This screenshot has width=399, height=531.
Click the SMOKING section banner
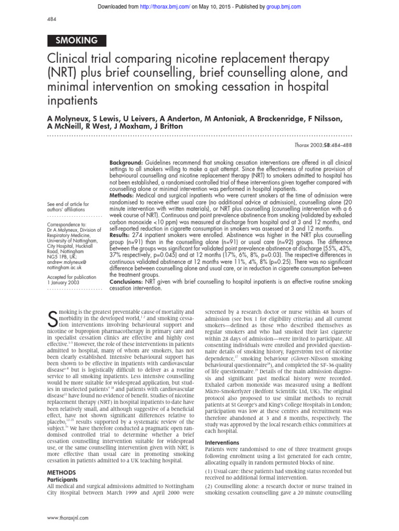76,40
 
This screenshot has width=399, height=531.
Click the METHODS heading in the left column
61,472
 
